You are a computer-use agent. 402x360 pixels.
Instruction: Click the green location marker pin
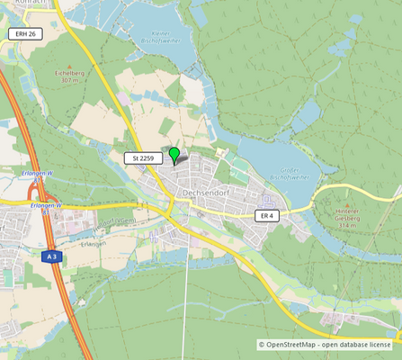pos(174,155)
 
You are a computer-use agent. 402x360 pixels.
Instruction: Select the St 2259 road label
pos(144,158)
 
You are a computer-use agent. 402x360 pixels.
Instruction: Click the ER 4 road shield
pos(267,216)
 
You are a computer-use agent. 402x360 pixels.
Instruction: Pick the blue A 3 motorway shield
pos(53,256)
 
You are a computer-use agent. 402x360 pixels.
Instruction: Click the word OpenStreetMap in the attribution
pos(290,345)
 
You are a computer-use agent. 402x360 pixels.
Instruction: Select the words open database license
pos(358,345)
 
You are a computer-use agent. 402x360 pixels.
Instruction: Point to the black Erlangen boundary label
pos(93,242)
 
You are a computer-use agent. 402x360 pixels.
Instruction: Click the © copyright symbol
pos(262,345)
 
